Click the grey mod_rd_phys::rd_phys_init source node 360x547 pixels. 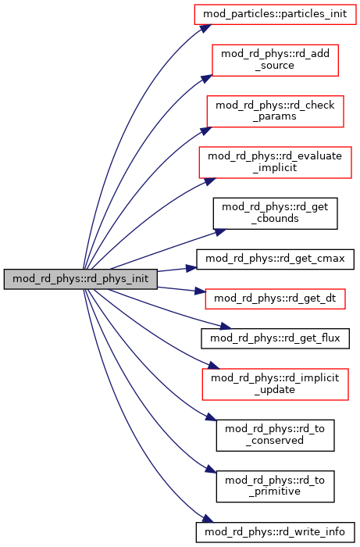click(x=80, y=279)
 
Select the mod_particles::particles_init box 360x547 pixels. click(x=275, y=14)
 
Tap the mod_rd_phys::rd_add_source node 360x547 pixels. click(x=275, y=60)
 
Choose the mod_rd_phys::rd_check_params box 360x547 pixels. click(x=275, y=111)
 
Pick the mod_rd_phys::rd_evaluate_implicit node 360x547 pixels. click(x=275, y=163)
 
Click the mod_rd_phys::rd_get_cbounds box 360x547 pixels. click(x=275, y=213)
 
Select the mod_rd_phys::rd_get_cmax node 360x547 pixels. click(x=275, y=259)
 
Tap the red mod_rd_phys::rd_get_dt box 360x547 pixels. click(x=275, y=299)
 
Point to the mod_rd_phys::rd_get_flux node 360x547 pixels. click(x=275, y=338)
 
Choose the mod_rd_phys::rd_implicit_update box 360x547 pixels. click(x=275, y=384)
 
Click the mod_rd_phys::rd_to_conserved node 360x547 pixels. click(x=275, y=435)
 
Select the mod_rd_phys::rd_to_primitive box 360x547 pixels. click(x=275, y=486)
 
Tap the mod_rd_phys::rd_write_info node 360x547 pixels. click(x=275, y=532)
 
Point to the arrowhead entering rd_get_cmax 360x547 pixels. click(x=191, y=268)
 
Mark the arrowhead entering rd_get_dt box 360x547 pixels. click(x=200, y=291)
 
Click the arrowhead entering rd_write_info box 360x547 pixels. click(x=208, y=518)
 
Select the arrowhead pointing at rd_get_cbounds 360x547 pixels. click(x=220, y=232)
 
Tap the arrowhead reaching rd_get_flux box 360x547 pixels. click(x=226, y=327)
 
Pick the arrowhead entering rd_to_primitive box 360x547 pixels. click(x=211, y=469)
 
